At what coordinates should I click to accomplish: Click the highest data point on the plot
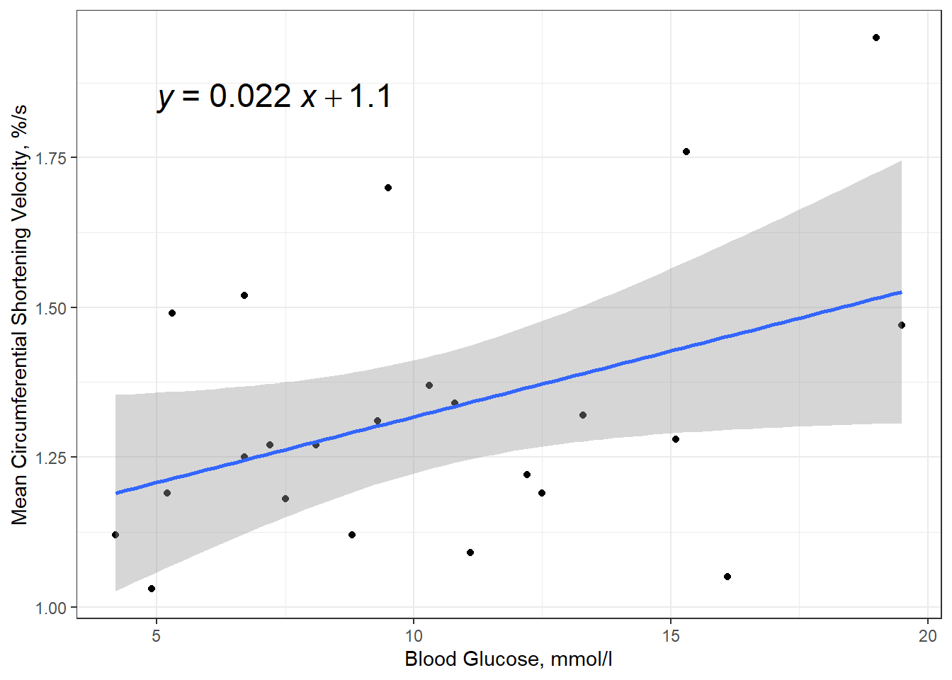coord(876,38)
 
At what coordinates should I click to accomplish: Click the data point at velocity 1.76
coord(686,152)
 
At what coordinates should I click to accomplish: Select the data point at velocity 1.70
coord(388,188)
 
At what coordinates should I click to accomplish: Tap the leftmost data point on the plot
coord(115,535)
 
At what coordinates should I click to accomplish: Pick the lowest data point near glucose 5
coord(152,589)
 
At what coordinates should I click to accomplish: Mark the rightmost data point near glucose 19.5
coord(902,325)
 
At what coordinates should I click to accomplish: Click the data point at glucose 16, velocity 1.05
coord(727,577)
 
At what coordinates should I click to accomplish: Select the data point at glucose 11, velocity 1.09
coord(470,552)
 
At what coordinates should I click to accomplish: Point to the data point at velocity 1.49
coord(172,313)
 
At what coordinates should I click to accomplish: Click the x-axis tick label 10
coord(414,635)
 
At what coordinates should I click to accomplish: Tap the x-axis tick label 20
coord(928,635)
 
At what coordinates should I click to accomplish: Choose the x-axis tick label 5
coord(157,635)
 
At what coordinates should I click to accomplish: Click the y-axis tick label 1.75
coord(51,158)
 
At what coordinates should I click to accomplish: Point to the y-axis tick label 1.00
coord(51,608)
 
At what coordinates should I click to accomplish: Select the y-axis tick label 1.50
coord(51,308)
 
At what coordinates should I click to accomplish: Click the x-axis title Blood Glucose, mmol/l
coord(508,659)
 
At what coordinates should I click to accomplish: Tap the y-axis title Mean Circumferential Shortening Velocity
coord(20,315)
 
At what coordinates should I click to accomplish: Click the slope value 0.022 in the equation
coord(250,96)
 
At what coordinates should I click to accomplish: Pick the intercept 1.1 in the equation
coord(370,96)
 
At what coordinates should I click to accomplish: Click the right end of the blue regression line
coord(900,292)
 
